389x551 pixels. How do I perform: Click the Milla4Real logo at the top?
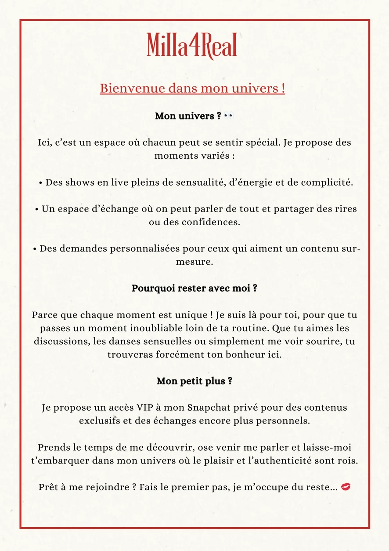(192, 45)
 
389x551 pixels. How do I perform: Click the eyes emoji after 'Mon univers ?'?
(228, 116)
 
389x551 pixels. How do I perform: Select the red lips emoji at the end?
(346, 487)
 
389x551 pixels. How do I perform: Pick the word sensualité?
(199, 182)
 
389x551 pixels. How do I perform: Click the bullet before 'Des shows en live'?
(41, 183)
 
